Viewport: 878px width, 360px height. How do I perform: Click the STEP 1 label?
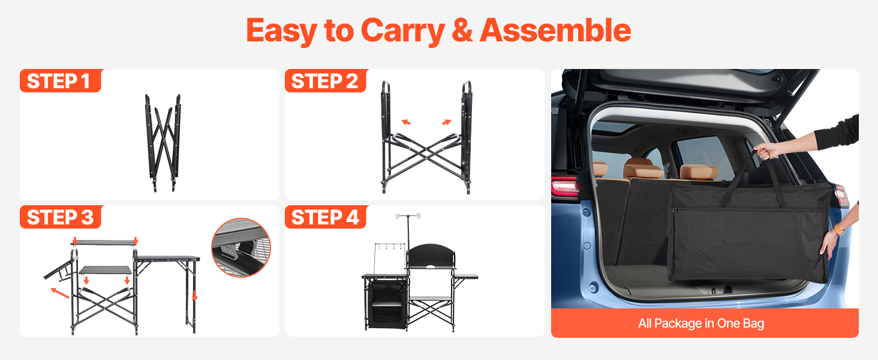coord(59,81)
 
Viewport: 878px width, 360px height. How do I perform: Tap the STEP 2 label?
coord(324,81)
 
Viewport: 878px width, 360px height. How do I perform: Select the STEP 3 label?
coord(60,217)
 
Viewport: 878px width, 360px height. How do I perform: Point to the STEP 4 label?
coord(325,217)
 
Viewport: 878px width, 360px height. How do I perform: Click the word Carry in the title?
coord(402,31)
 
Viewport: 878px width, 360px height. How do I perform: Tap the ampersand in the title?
coord(462,31)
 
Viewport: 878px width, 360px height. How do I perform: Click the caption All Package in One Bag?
coord(701,323)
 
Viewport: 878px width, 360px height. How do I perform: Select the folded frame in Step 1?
coord(163,143)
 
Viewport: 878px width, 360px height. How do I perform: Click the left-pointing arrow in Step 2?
coord(406,122)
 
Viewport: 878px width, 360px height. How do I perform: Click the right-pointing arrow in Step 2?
coord(447,122)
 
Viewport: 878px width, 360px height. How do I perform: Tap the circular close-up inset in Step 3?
coord(241,247)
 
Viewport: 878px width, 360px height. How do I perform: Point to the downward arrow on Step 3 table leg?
coord(195,296)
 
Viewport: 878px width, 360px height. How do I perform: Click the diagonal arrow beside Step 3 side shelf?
coord(61,293)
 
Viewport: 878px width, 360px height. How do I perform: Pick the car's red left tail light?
coord(565,186)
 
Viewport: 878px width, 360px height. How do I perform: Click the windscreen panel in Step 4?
coord(431,256)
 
